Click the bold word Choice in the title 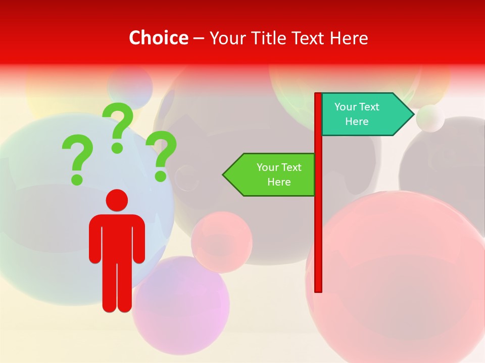coord(158,38)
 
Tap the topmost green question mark coord(119,126)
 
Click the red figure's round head coord(117,200)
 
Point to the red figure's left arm coord(95,239)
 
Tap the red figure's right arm coord(139,239)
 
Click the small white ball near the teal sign coord(430,118)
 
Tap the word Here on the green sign coord(279,182)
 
